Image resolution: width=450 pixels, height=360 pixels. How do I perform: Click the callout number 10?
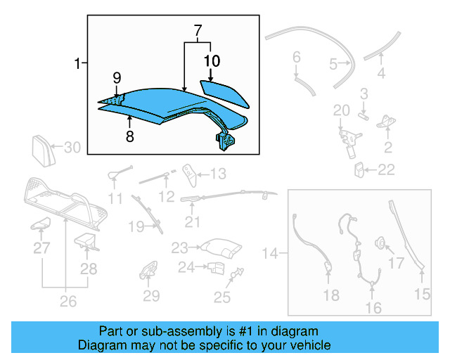tap(210, 62)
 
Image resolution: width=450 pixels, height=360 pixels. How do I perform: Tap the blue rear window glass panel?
tap(224, 91)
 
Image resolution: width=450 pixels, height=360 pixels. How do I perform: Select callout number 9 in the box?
tap(117, 77)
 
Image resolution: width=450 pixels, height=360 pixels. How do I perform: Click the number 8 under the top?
tap(129, 136)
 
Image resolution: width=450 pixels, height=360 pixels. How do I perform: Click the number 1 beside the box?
tap(77, 65)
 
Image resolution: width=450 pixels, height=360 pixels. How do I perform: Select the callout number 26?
tap(67, 302)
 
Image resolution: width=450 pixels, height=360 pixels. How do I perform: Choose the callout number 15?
tap(422, 295)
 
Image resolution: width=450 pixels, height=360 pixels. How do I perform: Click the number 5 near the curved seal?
tap(333, 64)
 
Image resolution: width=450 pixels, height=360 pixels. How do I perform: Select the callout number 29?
tap(152, 296)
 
